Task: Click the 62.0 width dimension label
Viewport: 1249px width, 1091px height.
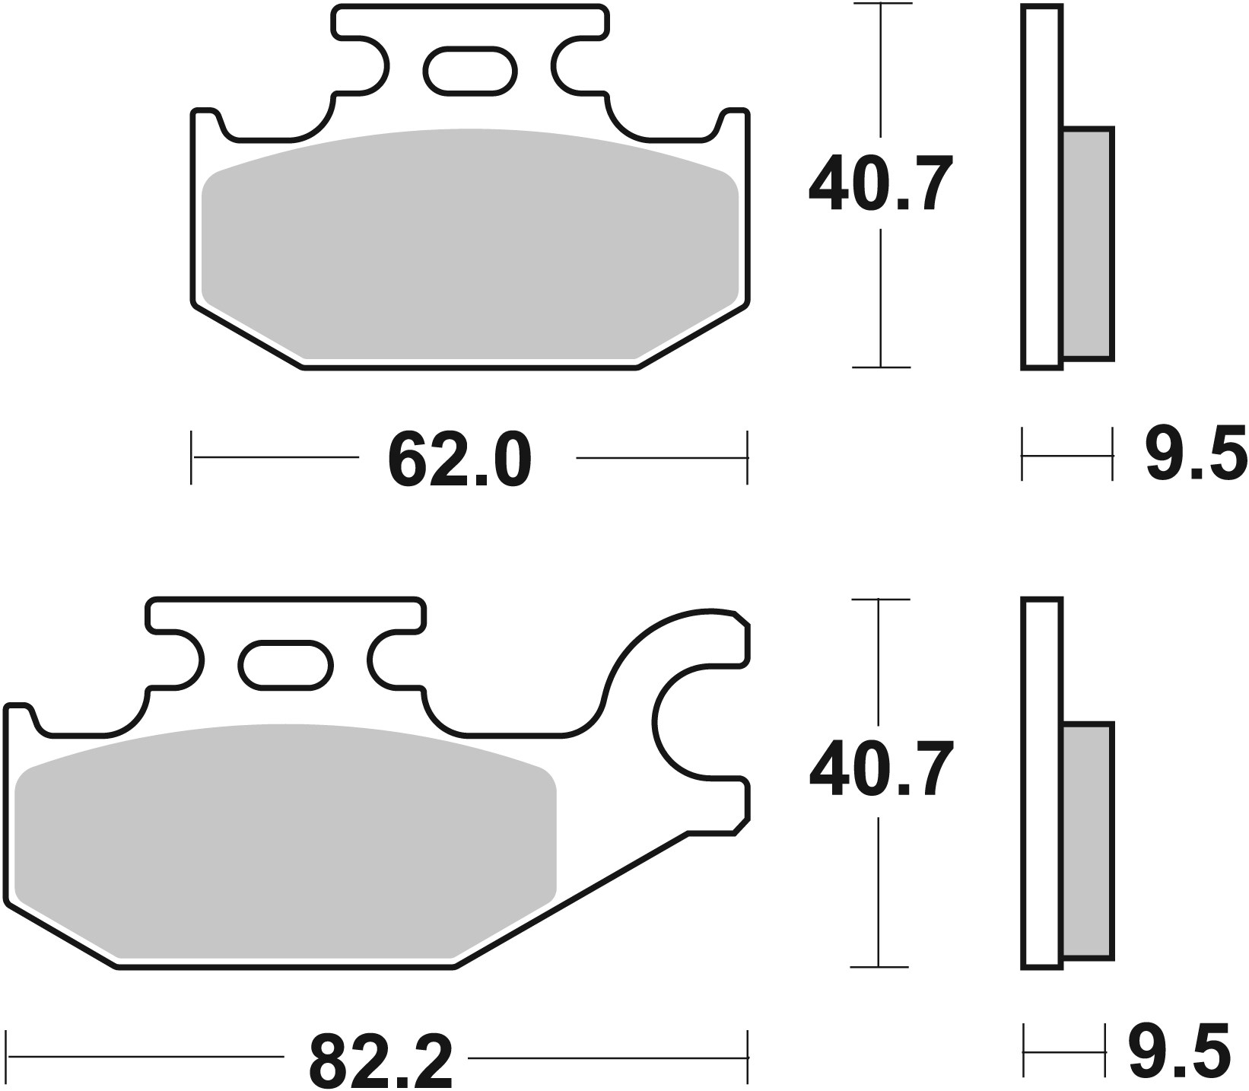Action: click(459, 460)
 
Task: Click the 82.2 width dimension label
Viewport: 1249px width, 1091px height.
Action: click(380, 1058)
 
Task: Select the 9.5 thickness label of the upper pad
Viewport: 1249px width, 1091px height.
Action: click(1197, 454)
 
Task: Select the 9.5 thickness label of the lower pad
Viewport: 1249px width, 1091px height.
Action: click(1180, 1052)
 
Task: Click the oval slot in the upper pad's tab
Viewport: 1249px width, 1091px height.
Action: click(469, 72)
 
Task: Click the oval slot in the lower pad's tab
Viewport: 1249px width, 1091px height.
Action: click(286, 665)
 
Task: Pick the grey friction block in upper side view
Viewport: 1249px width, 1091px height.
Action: click(1087, 243)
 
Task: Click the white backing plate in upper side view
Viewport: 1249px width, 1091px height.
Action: click(1041, 186)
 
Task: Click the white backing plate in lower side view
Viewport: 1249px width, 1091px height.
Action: click(1041, 784)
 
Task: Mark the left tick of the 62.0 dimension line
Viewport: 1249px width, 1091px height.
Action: click(192, 457)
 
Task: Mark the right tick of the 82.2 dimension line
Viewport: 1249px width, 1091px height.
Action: click(748, 1057)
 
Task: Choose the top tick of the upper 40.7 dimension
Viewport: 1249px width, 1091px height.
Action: click(880, 5)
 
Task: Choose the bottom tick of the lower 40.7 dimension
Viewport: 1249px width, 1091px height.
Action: click(879, 967)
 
